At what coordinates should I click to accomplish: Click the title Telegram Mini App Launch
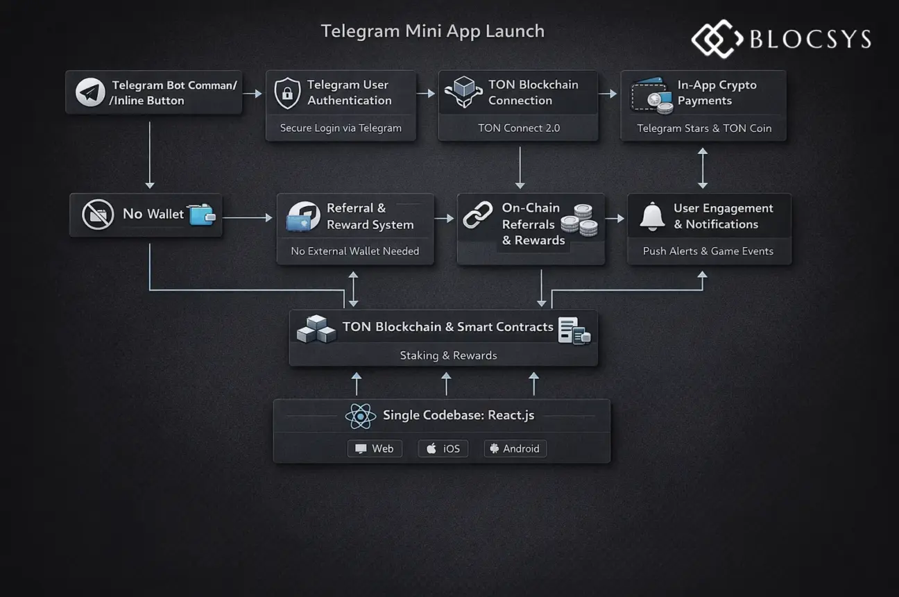pos(432,31)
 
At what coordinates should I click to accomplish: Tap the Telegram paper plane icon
pos(91,92)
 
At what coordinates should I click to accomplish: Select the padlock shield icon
pos(287,93)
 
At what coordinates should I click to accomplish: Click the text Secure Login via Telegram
pos(341,128)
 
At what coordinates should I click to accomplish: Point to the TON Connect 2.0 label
pos(518,128)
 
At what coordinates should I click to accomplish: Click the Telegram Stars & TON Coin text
pos(703,128)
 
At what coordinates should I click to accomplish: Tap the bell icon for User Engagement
pos(652,217)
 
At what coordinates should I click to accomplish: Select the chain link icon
pos(478,216)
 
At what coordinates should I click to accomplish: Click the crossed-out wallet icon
pos(98,215)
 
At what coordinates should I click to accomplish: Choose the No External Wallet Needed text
pos(354,251)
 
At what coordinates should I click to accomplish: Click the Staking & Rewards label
pos(448,355)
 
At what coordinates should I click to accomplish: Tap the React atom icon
pos(360,417)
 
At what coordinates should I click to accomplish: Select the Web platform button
pos(375,448)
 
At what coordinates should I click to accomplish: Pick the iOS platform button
pos(443,448)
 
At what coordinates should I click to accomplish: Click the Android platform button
pos(515,448)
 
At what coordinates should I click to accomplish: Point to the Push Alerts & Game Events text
pos(708,251)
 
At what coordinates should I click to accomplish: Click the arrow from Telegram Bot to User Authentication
pos(254,93)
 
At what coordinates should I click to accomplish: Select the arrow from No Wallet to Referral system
pos(248,218)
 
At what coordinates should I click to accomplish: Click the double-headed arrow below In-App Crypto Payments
pos(703,167)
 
